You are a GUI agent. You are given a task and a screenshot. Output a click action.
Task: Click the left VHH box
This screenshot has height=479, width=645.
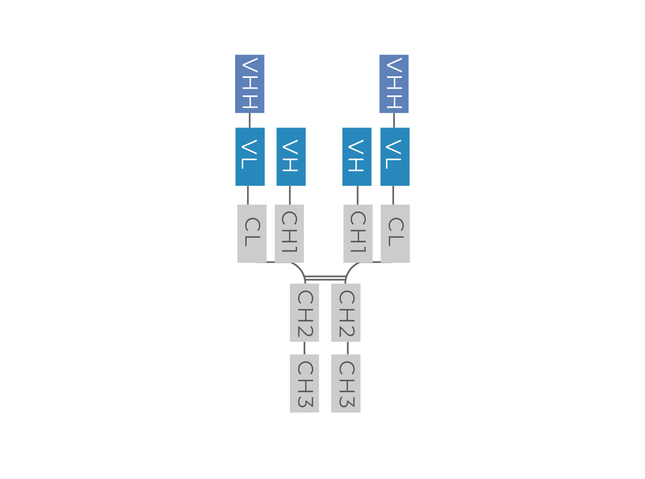click(x=249, y=84)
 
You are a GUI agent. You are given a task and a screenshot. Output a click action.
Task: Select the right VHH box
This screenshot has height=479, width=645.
click(x=394, y=84)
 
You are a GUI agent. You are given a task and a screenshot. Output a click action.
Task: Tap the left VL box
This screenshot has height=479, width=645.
click(x=250, y=157)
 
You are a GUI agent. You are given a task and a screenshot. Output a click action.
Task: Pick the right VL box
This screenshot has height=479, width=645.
click(x=395, y=157)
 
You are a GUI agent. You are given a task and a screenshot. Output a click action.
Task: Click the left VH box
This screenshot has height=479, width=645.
click(x=291, y=157)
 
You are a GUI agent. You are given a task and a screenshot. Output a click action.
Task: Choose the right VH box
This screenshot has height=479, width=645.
click(x=357, y=157)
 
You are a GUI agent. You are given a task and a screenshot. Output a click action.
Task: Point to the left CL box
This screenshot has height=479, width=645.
click(x=252, y=234)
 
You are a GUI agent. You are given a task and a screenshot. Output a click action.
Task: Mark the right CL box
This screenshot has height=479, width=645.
click(x=395, y=234)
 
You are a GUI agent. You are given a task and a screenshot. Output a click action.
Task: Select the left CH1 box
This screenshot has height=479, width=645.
click(x=289, y=234)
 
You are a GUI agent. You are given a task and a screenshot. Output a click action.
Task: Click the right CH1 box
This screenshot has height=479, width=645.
click(x=358, y=234)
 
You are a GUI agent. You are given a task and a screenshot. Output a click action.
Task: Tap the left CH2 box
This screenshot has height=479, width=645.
click(x=305, y=313)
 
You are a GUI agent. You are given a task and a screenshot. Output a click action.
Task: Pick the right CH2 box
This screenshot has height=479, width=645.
click(x=346, y=313)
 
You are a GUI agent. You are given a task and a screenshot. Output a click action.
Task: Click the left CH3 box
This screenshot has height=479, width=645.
click(x=305, y=383)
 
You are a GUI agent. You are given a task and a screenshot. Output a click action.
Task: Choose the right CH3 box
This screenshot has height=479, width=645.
click(x=346, y=383)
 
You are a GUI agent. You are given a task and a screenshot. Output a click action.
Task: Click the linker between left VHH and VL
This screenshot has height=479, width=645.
click(x=249, y=120)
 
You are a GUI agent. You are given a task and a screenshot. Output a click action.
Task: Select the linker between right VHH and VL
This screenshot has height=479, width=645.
click(x=394, y=120)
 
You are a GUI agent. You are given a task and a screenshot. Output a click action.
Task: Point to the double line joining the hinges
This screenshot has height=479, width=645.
click(x=325, y=278)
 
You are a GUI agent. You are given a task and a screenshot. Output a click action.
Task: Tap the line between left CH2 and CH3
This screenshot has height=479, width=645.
click(x=305, y=348)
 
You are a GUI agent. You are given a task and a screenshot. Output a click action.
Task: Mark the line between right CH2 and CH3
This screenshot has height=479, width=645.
click(x=348, y=348)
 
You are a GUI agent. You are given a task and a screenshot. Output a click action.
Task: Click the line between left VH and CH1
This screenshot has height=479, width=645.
click(x=289, y=195)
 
